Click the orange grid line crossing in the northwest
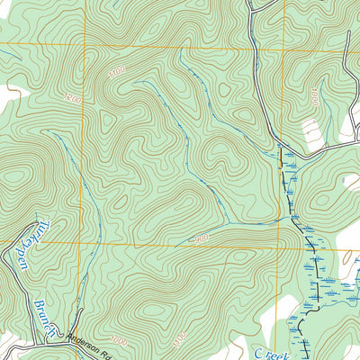point(88,45)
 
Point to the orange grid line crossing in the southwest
point(89,244)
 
